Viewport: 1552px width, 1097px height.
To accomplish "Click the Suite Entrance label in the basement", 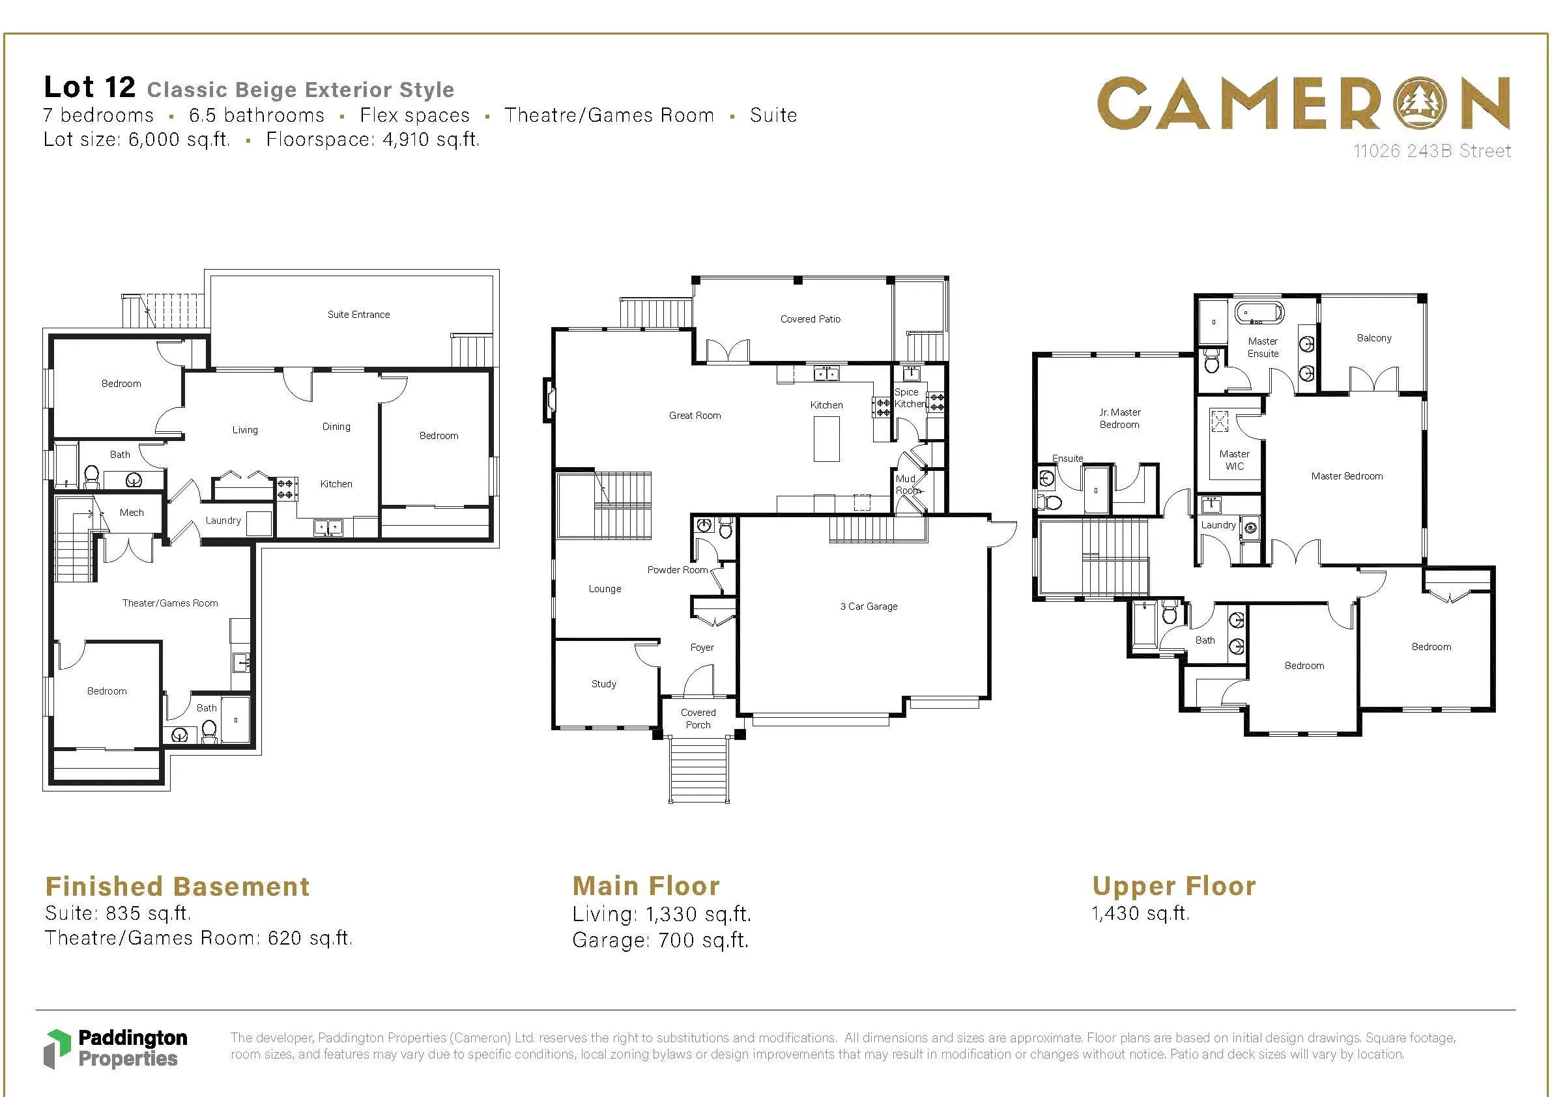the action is [x=358, y=314].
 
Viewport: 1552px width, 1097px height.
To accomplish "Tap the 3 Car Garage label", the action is [x=869, y=606].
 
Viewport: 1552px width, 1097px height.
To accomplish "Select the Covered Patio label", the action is [x=811, y=319].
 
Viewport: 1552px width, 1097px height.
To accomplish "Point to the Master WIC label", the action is [x=1234, y=460].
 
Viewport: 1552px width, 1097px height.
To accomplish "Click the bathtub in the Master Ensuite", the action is [x=1259, y=313].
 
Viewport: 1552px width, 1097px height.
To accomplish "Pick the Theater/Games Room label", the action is [x=169, y=603].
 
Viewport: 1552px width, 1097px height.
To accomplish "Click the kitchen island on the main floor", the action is [x=826, y=438].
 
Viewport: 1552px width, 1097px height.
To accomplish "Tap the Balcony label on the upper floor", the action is [x=1374, y=338].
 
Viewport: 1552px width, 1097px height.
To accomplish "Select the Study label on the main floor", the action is [x=603, y=684].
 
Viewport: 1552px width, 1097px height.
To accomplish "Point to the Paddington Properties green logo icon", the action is [x=57, y=1049].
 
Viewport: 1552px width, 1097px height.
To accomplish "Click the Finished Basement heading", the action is [x=177, y=886].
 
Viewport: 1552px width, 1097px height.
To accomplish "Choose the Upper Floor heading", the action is [x=1174, y=886].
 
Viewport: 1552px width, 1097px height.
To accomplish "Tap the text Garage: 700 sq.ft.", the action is [x=661, y=940].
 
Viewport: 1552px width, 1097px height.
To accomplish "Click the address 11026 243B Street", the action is [x=1431, y=150].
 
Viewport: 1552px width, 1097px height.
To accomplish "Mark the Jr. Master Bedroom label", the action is [x=1119, y=418].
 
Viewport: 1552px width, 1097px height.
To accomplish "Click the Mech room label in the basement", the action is [x=132, y=512].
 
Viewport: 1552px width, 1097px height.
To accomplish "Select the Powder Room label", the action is [x=678, y=570].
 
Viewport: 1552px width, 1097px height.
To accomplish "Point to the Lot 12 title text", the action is [x=90, y=87].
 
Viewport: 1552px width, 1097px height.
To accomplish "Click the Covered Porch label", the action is [x=698, y=719].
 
